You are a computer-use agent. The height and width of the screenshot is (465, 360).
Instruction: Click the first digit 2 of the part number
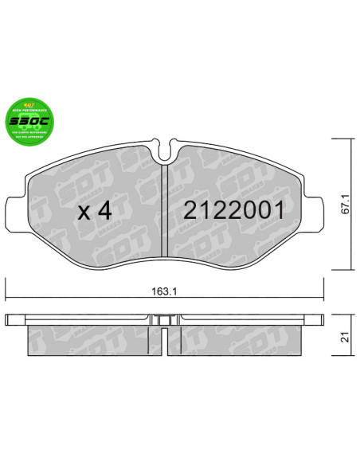pos(191,212)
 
